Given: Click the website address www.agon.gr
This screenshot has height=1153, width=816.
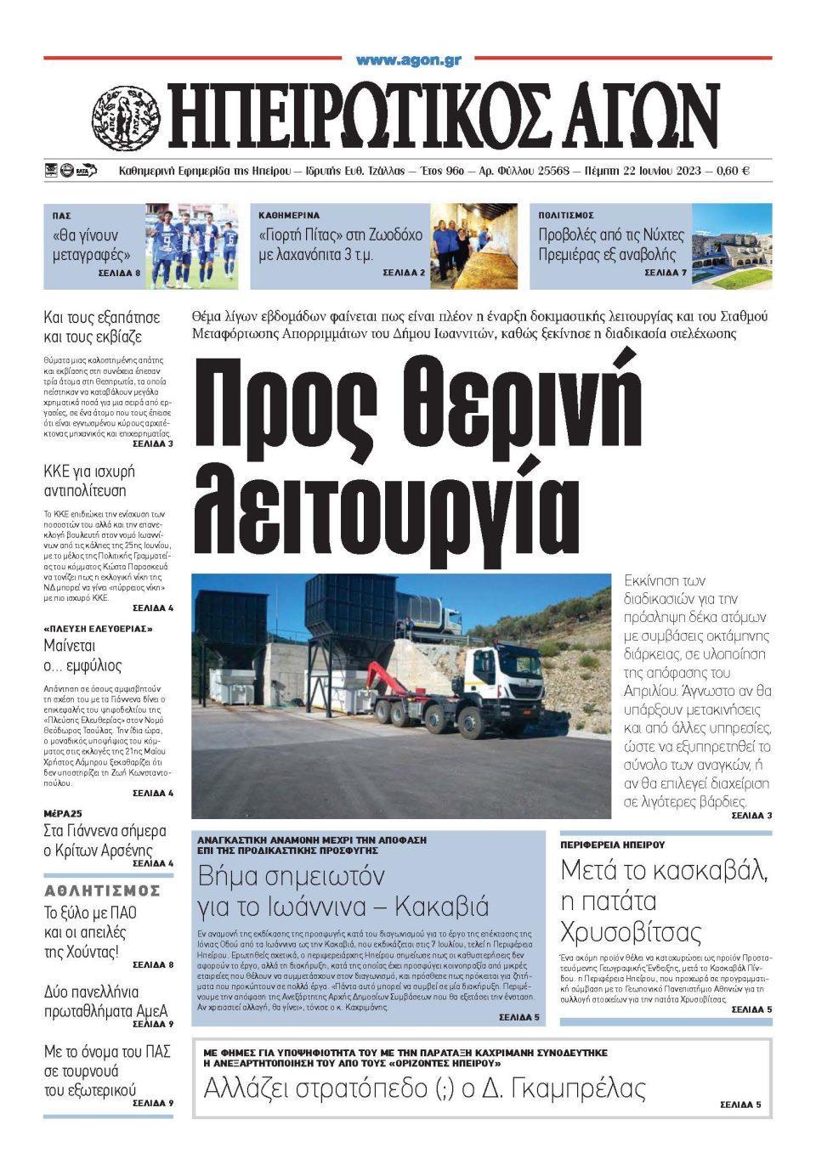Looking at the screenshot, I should point(408,60).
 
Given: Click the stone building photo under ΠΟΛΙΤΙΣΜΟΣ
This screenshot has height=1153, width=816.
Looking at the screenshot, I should point(732,246).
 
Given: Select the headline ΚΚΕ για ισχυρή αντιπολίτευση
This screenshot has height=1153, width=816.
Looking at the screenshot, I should point(89,481).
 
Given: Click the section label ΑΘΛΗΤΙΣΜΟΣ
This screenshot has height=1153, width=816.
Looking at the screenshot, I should point(102,890).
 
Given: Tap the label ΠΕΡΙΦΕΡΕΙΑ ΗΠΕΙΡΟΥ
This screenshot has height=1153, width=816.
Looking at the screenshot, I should point(612,845).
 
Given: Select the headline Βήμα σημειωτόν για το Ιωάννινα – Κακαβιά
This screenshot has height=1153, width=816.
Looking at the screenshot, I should point(343,890).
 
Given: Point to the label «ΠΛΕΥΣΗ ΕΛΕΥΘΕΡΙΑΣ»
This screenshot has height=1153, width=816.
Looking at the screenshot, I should point(98,629).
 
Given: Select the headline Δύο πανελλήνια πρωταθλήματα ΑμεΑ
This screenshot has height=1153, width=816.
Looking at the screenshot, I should point(105,1001).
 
